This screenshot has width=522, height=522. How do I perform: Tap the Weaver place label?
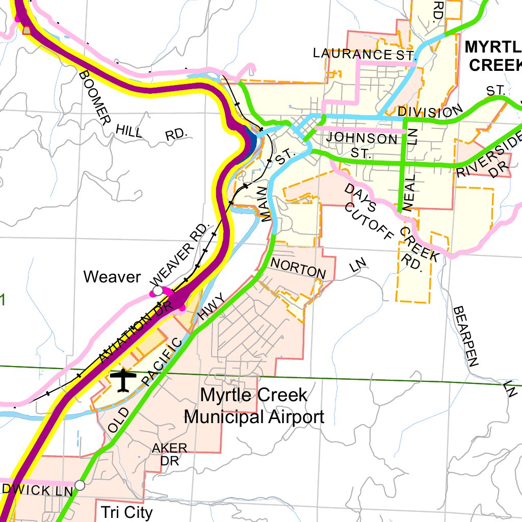[112, 277]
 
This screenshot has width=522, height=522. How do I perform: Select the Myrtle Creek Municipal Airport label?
[254, 406]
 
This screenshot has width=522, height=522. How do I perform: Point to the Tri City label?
[126, 512]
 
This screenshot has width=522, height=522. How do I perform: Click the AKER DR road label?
[170, 454]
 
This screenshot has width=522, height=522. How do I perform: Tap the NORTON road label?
[298, 268]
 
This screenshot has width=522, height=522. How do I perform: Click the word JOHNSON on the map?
[359, 138]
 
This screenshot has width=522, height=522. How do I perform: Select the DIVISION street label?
[431, 111]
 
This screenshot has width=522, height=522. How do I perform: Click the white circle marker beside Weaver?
[158, 291]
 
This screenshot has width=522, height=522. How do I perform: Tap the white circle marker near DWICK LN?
[80, 485]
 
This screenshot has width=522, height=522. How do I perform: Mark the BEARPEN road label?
[466, 336]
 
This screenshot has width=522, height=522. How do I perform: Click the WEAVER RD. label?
[181, 253]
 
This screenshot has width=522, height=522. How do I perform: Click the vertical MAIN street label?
[265, 203]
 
